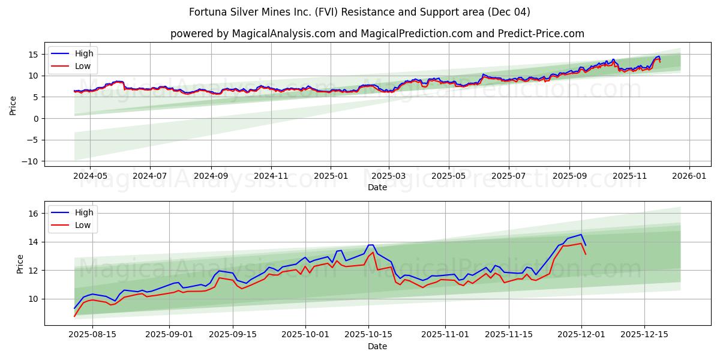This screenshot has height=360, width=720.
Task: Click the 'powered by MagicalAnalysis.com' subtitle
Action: tap(377, 34)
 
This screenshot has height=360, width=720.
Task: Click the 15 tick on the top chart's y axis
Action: tap(34, 54)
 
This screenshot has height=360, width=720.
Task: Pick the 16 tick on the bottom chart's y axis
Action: tap(34, 214)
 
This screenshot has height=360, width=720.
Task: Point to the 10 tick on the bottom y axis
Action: tap(34, 299)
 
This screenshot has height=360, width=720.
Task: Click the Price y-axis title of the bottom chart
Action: tap(20, 264)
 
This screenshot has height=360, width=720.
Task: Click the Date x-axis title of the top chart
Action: tap(377, 188)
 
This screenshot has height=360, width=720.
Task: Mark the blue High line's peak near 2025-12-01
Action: tap(581, 235)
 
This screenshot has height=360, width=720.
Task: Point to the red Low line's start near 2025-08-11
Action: tap(74, 316)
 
